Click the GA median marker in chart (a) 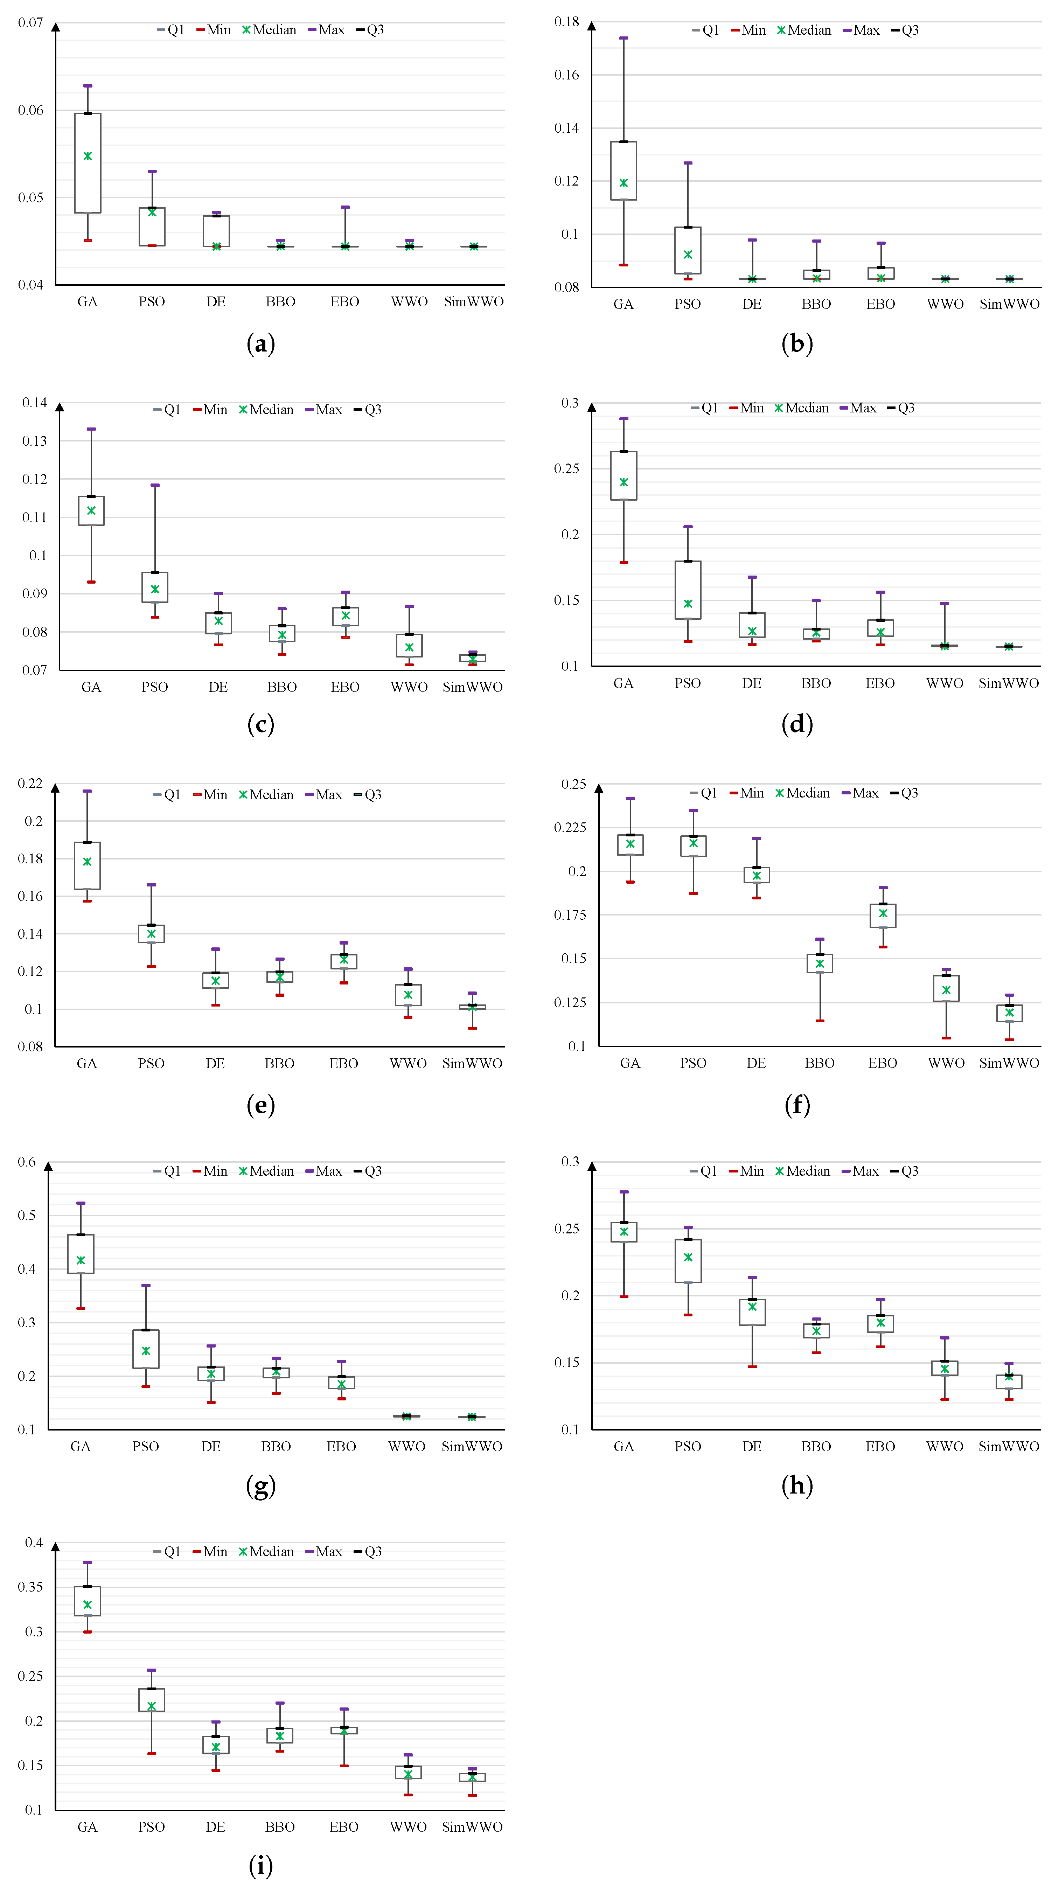pyautogui.click(x=88, y=156)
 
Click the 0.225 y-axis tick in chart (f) pyautogui.click(x=570, y=827)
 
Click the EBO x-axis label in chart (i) pyautogui.click(x=344, y=1827)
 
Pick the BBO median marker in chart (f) pyautogui.click(x=820, y=963)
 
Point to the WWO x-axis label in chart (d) pyautogui.click(x=945, y=683)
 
